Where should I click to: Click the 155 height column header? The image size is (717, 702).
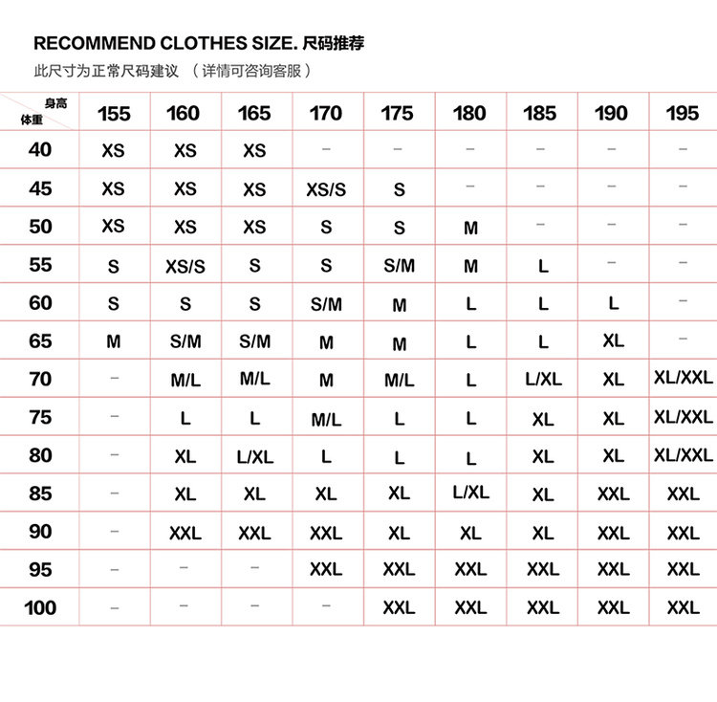114,114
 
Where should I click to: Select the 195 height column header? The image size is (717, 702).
683,114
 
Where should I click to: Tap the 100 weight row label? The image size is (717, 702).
40,607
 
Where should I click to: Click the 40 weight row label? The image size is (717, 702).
40,150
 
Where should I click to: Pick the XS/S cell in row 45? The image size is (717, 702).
326,189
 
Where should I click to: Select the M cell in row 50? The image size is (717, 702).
470,229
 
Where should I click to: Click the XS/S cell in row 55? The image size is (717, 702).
185,267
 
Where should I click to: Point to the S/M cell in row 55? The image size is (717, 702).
399,266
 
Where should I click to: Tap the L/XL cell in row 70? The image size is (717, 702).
543,380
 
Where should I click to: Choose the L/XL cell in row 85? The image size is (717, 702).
470,493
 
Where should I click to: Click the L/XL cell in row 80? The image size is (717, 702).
254,457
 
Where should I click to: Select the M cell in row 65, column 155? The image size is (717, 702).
114,341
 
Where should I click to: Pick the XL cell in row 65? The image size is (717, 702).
613,341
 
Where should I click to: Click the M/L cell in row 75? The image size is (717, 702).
326,419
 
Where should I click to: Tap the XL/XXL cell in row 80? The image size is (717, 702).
683,455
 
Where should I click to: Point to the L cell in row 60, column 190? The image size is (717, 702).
613,303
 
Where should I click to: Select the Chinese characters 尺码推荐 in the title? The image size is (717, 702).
333,43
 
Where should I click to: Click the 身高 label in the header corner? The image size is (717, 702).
55,103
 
